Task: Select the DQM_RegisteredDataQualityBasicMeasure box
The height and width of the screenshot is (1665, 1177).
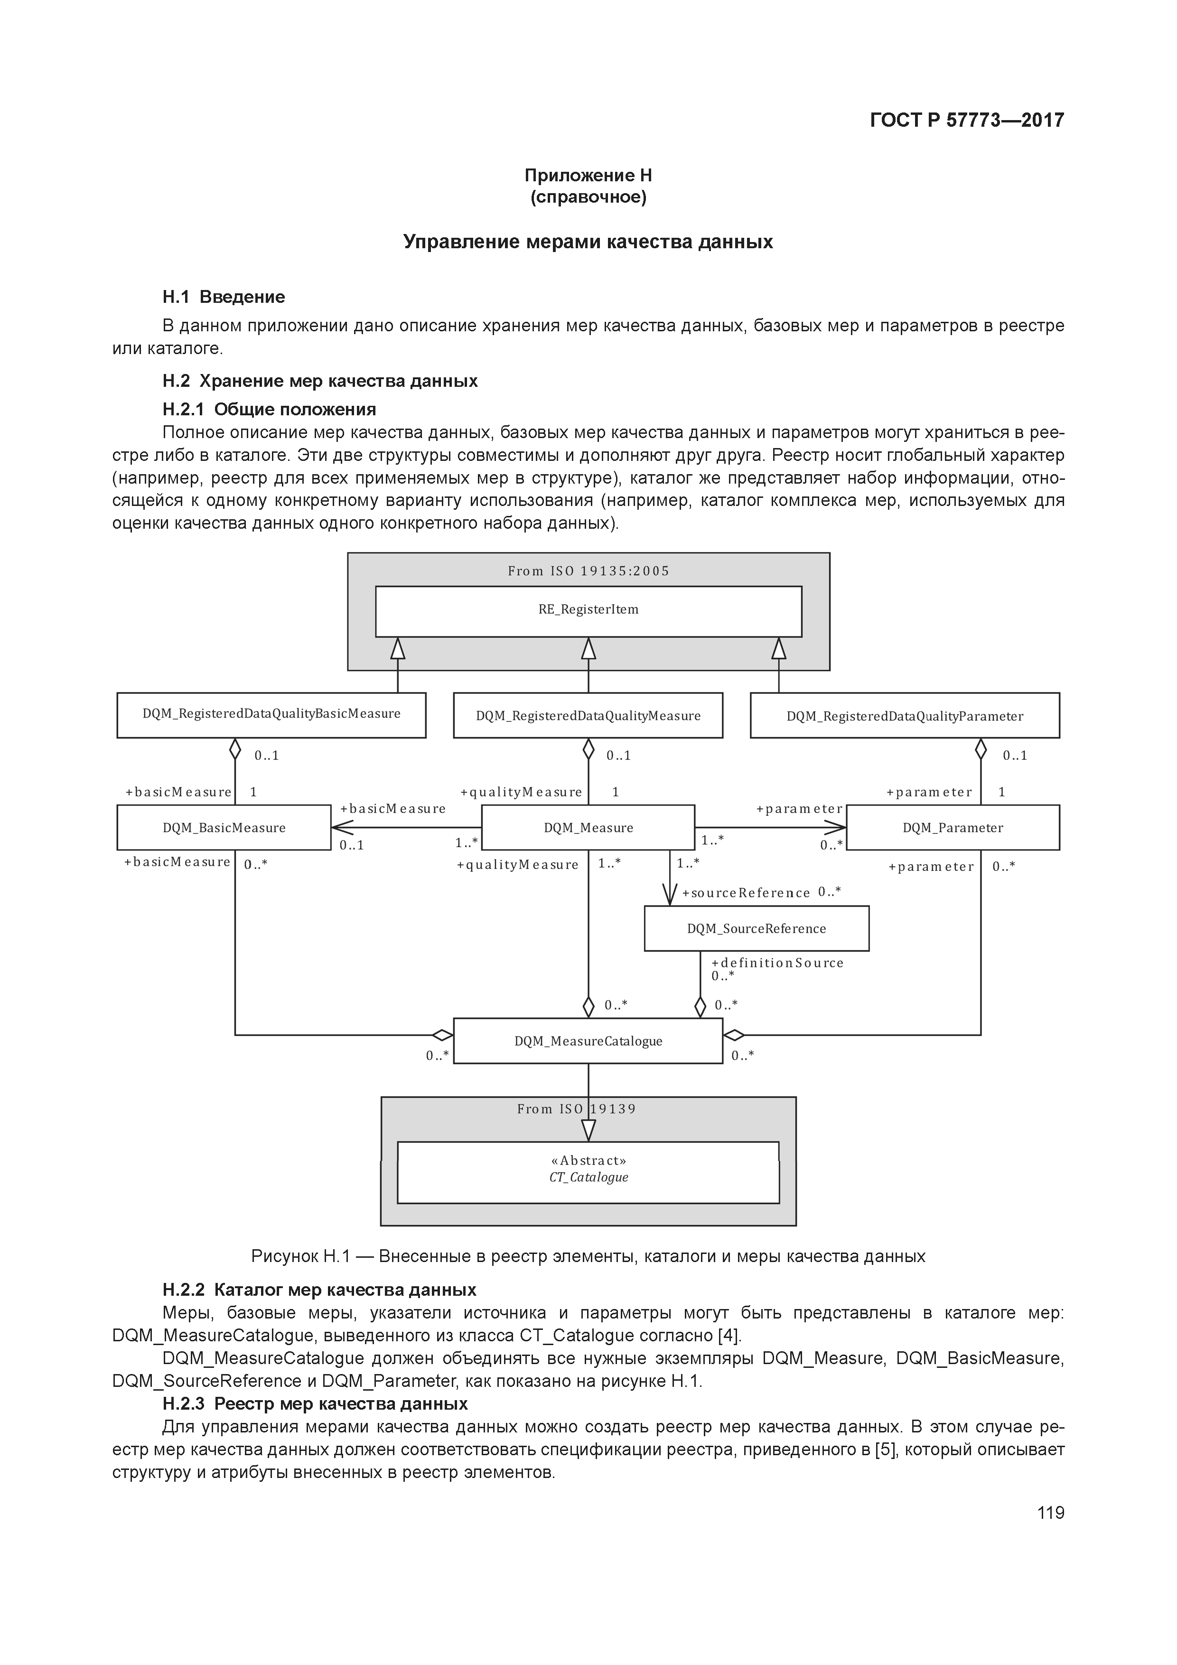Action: tap(271, 715)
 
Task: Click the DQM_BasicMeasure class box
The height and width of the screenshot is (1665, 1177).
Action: tap(224, 827)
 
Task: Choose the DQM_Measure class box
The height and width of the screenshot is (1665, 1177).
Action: tap(588, 827)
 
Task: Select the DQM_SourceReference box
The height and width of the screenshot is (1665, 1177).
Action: tap(757, 928)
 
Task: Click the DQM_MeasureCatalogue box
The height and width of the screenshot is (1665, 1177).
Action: tap(588, 1040)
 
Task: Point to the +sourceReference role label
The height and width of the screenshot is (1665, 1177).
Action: tap(746, 893)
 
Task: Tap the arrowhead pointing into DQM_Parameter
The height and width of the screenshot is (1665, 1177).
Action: tap(837, 827)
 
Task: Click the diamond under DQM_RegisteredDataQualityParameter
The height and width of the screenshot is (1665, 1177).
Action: tap(981, 748)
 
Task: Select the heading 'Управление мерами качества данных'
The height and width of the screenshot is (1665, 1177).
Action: tap(588, 242)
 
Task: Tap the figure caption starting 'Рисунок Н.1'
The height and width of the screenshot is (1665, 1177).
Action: tap(588, 1256)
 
